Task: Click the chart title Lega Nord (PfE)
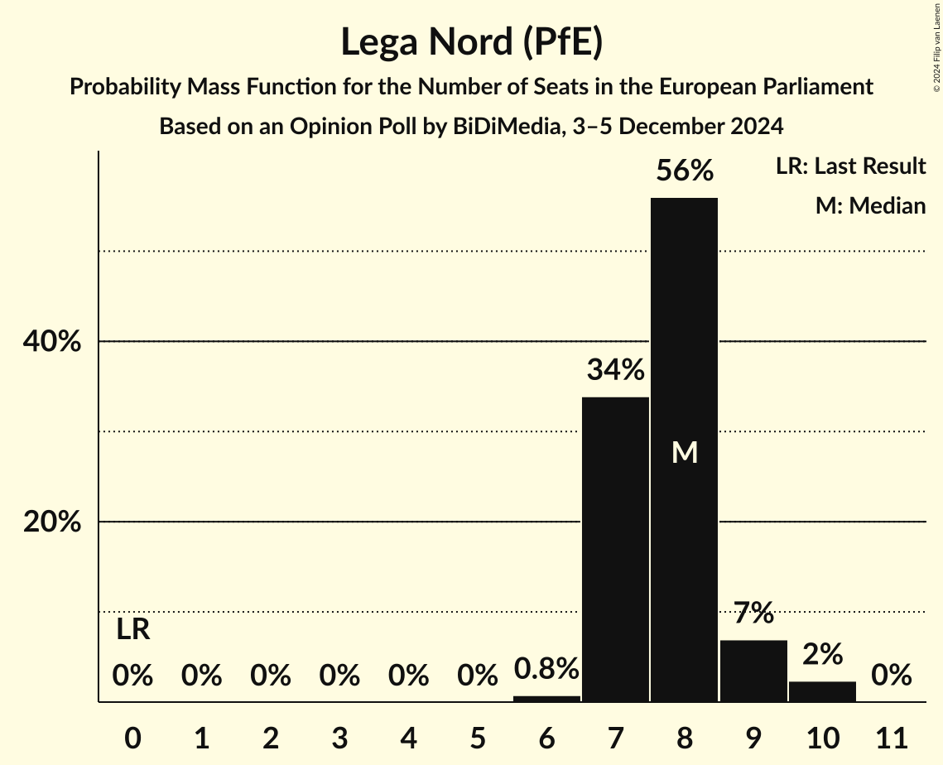pyautogui.click(x=471, y=43)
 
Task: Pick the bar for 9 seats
pyautogui.click(x=753, y=671)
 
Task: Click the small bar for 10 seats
pyautogui.click(x=822, y=691)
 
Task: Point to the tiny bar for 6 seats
pyautogui.click(x=546, y=699)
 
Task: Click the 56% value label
pyautogui.click(x=684, y=171)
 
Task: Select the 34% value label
pyautogui.click(x=615, y=370)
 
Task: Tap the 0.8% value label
pyautogui.click(x=546, y=669)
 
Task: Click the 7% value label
pyautogui.click(x=753, y=613)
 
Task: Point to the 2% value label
pyautogui.click(x=822, y=655)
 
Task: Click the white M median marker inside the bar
pyautogui.click(x=684, y=453)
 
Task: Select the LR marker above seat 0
pyautogui.click(x=132, y=630)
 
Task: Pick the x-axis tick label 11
pyautogui.click(x=891, y=737)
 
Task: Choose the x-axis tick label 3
pyautogui.click(x=339, y=737)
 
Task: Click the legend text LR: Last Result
pyautogui.click(x=850, y=166)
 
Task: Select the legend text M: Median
pyautogui.click(x=870, y=205)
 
